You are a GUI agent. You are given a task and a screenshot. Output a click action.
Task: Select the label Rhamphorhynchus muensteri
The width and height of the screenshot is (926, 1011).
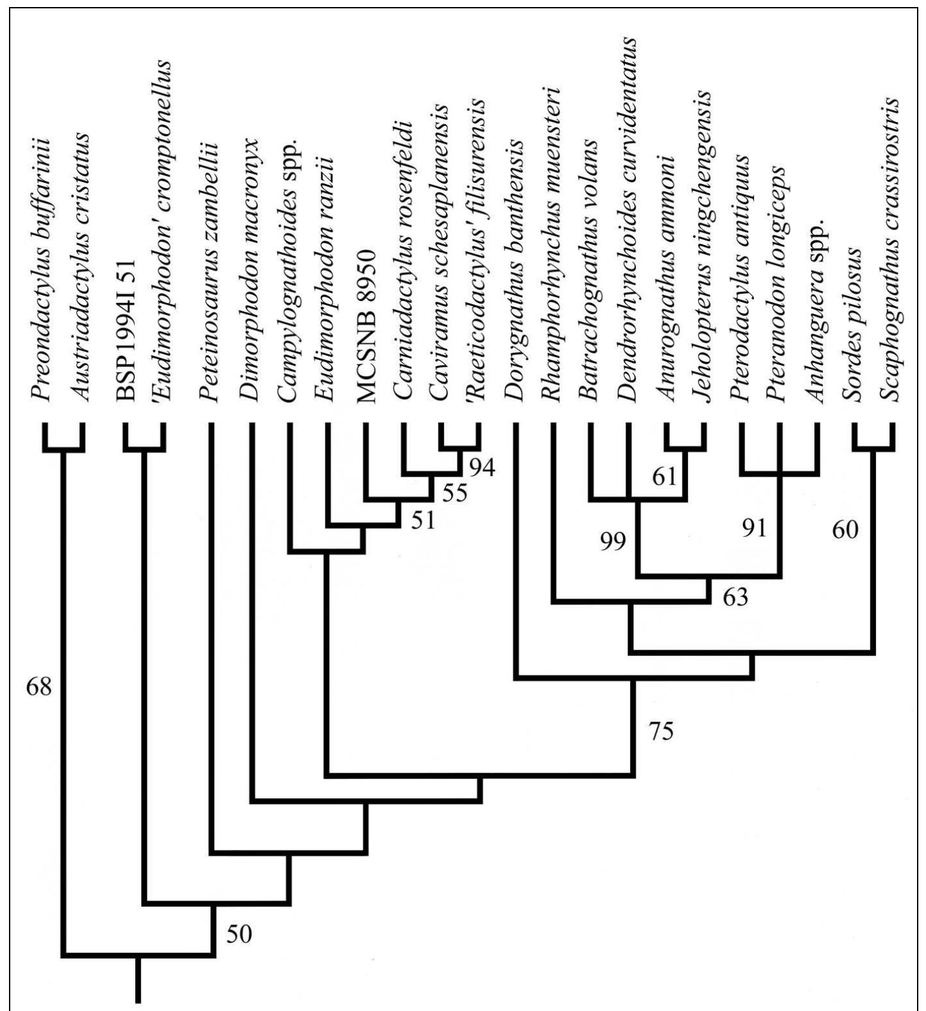552,246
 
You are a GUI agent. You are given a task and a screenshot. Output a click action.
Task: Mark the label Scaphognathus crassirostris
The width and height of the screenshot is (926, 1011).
891,250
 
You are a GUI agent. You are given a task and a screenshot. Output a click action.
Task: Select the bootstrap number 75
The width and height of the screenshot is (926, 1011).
661,732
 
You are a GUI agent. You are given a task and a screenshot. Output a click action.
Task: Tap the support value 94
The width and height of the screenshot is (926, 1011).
481,468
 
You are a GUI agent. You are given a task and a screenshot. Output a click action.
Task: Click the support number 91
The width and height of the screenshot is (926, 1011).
754,529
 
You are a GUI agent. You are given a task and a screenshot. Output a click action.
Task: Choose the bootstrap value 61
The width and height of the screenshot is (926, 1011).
664,477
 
